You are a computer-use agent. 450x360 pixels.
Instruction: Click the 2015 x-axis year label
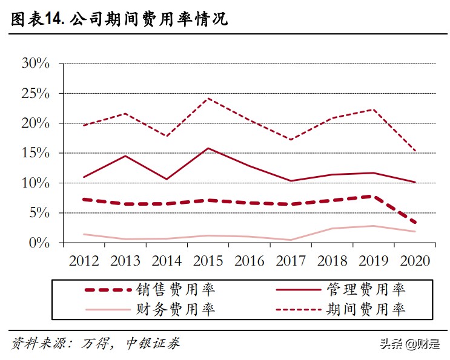click(208, 261)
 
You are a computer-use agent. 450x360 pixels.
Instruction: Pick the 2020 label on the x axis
click(415, 261)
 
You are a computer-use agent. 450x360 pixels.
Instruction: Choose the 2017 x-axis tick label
click(291, 261)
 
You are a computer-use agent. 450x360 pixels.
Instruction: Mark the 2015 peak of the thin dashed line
click(208, 98)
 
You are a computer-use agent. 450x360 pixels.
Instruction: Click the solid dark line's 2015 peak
click(208, 148)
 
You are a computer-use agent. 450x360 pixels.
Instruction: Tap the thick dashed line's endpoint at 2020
click(415, 223)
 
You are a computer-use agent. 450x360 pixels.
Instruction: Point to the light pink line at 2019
click(374, 226)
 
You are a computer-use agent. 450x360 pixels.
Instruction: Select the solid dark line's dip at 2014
click(167, 179)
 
